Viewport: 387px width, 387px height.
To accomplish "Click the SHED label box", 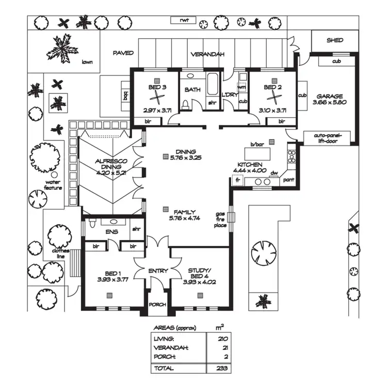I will pyautogui.click(x=334, y=40).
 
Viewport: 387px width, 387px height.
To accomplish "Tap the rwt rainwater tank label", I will pyautogui.click(x=185, y=21).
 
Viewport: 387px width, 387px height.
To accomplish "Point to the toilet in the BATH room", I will pyautogui.click(x=186, y=105).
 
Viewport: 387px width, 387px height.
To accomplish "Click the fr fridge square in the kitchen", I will pyautogui.click(x=238, y=181).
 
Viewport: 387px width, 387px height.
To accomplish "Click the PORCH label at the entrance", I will pyautogui.click(x=157, y=304).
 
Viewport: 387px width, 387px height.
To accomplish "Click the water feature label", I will pyautogui.click(x=53, y=185).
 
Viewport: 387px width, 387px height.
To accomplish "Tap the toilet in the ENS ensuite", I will pyautogui.click(x=92, y=224).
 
